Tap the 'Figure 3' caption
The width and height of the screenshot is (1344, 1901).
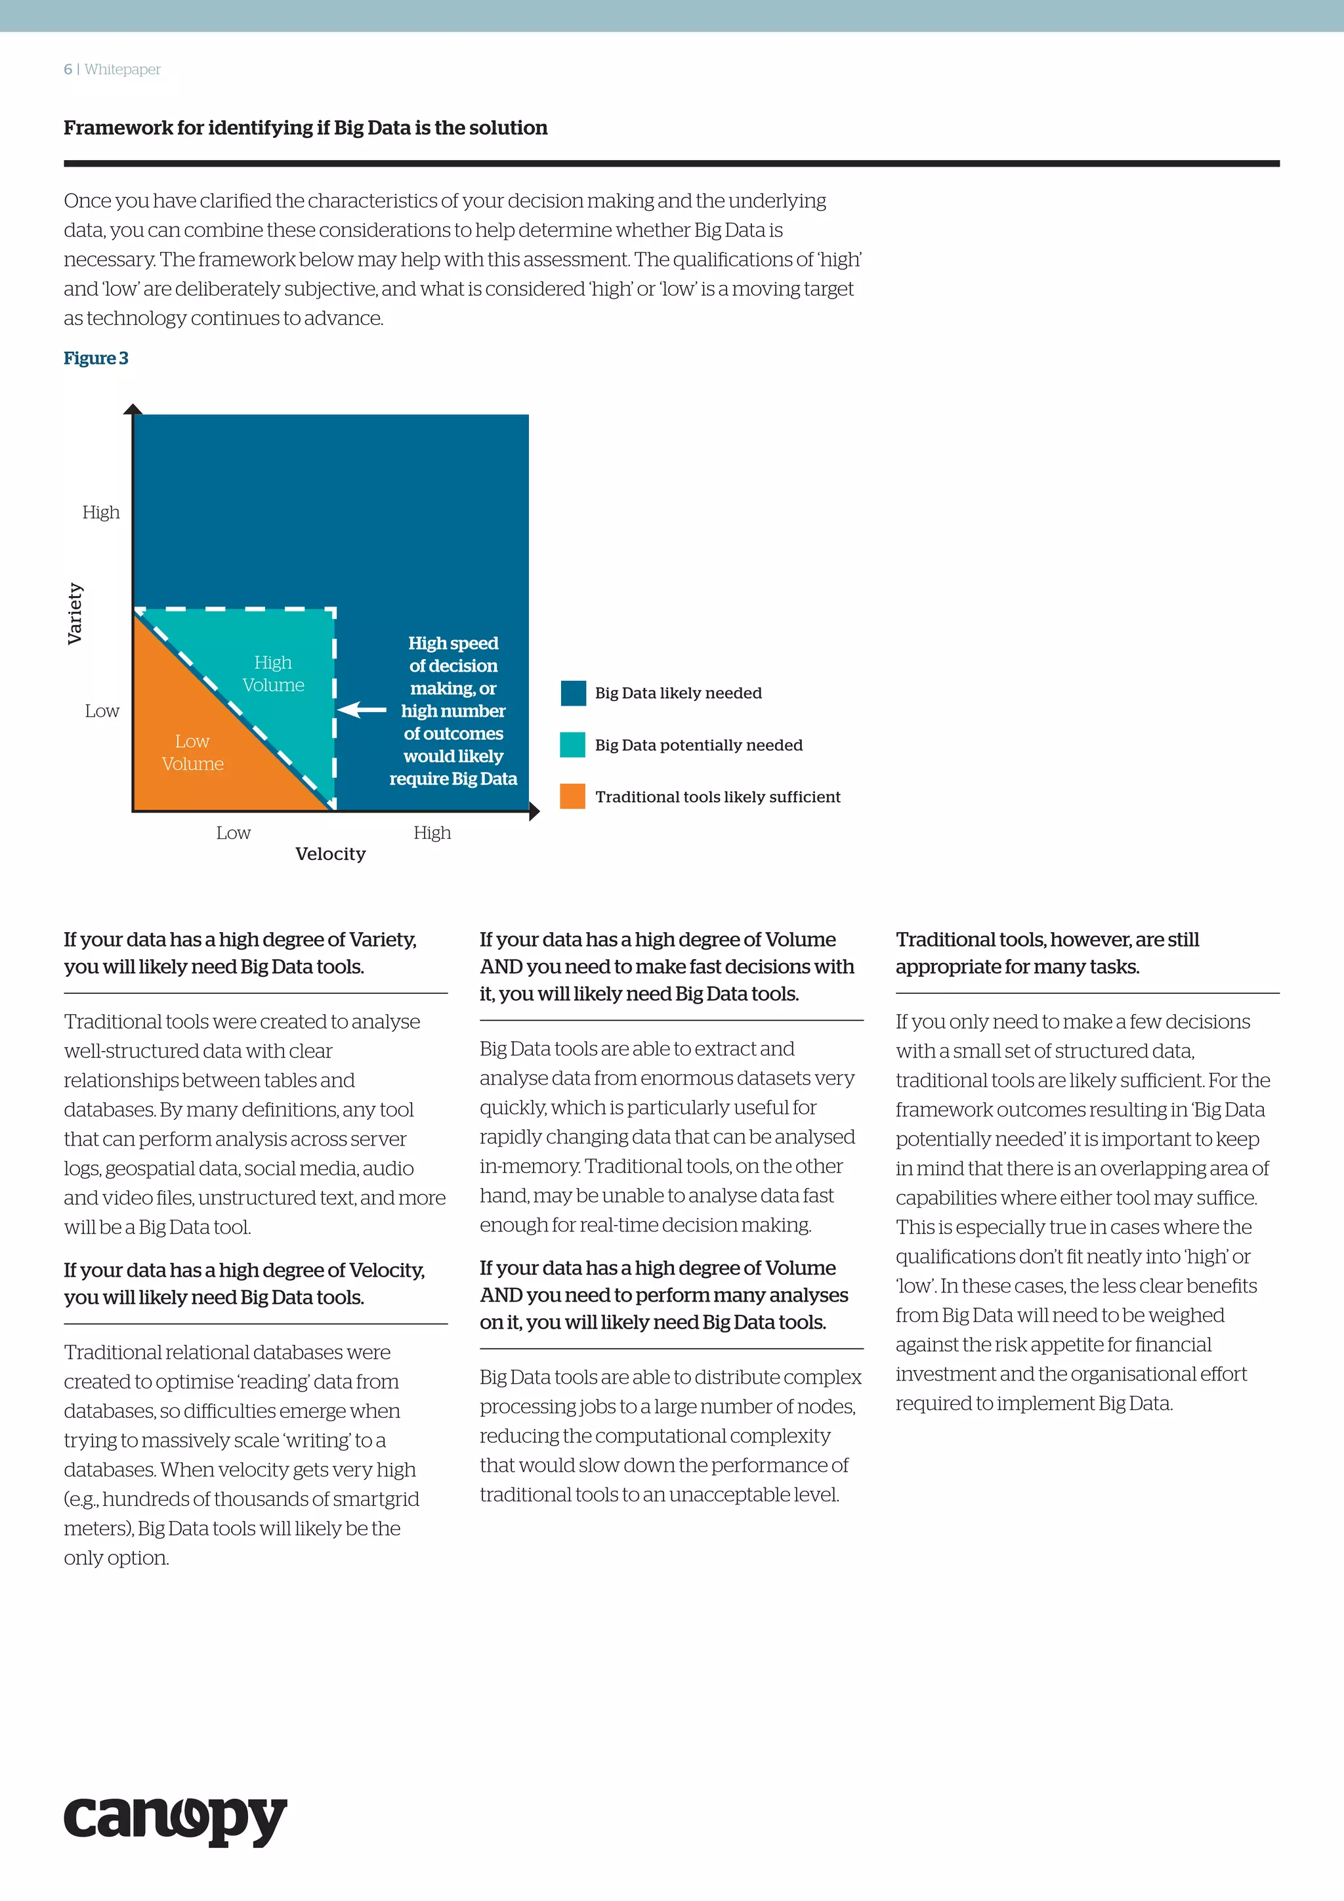pos(96,358)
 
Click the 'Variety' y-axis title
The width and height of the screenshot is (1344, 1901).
pos(74,612)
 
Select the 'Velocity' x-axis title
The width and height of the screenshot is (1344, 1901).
pos(330,853)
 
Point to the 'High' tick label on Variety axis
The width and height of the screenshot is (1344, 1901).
pos(101,513)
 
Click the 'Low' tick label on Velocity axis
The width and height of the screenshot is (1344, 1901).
pos(234,833)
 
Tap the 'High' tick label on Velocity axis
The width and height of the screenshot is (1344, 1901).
pos(432,833)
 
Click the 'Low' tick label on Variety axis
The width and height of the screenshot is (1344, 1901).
pos(102,711)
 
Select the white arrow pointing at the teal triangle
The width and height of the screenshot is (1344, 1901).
pos(362,710)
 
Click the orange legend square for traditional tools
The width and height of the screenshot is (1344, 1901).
pos(573,796)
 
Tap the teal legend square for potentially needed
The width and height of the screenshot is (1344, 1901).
pos(573,744)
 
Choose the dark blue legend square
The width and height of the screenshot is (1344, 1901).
pos(573,693)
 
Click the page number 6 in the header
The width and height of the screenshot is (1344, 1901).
pos(68,70)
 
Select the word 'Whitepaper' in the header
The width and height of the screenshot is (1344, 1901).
pos(123,70)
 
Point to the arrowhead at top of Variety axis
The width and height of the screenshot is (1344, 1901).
pos(133,409)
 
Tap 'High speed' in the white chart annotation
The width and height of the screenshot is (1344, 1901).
pos(453,643)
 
